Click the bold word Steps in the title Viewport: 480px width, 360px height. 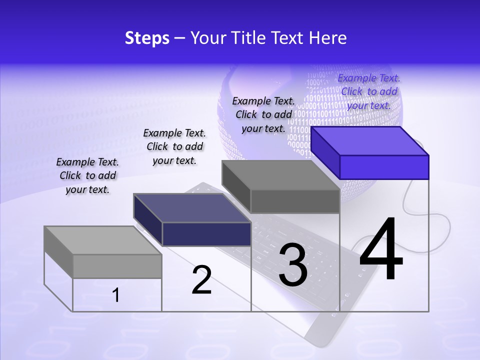pos(147,38)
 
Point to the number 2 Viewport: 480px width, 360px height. pos(201,280)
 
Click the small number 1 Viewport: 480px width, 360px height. pos(115,295)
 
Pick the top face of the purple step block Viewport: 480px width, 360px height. pos(370,140)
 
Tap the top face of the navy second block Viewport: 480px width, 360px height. pos(192,208)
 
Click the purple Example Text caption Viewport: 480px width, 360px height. pos(369,91)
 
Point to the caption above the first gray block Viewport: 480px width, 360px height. pos(87,175)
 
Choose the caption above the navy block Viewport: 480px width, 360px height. pos(174,146)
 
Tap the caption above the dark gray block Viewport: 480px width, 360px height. pos(263,114)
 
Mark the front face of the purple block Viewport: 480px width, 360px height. pos(384,167)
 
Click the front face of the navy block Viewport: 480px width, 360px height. pos(206,234)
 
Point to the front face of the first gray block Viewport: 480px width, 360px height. pos(117,266)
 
